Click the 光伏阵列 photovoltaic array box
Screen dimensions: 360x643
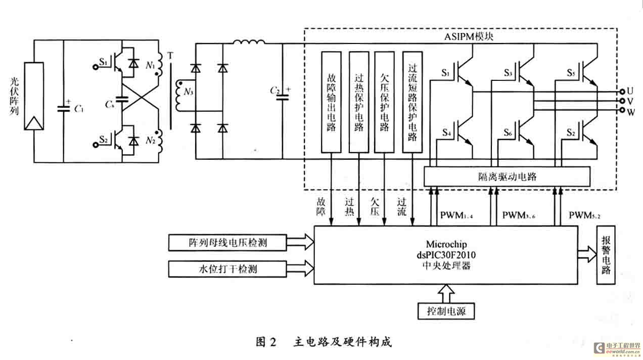click(33, 96)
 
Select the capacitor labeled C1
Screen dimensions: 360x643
click(64, 108)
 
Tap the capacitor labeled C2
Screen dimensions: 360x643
click(282, 96)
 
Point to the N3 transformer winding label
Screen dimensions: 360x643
click(189, 93)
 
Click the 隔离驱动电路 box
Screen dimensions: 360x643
click(507, 176)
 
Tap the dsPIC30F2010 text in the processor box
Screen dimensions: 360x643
click(444, 255)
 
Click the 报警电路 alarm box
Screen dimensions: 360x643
click(606, 255)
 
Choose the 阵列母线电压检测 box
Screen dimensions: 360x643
click(228, 243)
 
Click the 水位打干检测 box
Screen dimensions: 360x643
click(228, 268)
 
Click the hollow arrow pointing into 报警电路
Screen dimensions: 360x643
click(586, 251)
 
